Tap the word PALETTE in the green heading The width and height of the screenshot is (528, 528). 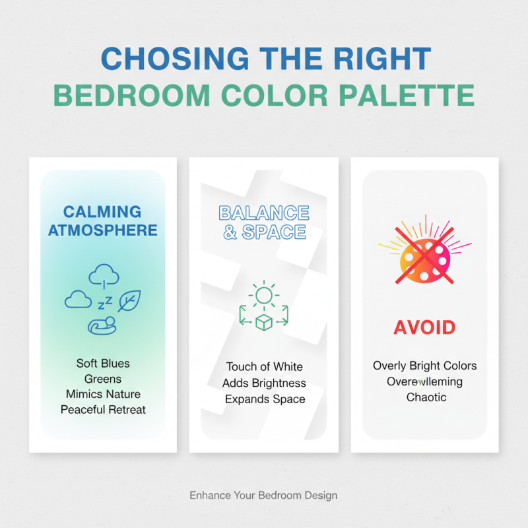(418, 96)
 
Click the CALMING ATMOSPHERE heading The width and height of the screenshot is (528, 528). (102, 220)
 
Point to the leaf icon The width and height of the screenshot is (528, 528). (129, 301)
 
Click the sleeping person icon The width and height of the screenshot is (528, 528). (102, 324)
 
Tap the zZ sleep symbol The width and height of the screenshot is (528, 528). (104, 303)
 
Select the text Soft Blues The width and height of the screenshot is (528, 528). (103, 364)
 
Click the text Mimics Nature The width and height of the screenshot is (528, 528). (103, 394)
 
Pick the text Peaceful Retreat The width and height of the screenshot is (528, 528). (103, 410)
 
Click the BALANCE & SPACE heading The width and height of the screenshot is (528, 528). (264, 222)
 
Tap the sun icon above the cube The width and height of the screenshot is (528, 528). (264, 294)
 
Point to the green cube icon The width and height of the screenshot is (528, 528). (264, 321)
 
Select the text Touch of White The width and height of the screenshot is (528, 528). (264, 367)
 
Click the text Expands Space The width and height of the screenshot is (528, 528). (264, 399)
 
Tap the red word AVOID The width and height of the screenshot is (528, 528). (424, 327)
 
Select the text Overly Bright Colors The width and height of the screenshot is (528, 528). (424, 366)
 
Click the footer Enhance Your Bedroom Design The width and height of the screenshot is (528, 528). (263, 495)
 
